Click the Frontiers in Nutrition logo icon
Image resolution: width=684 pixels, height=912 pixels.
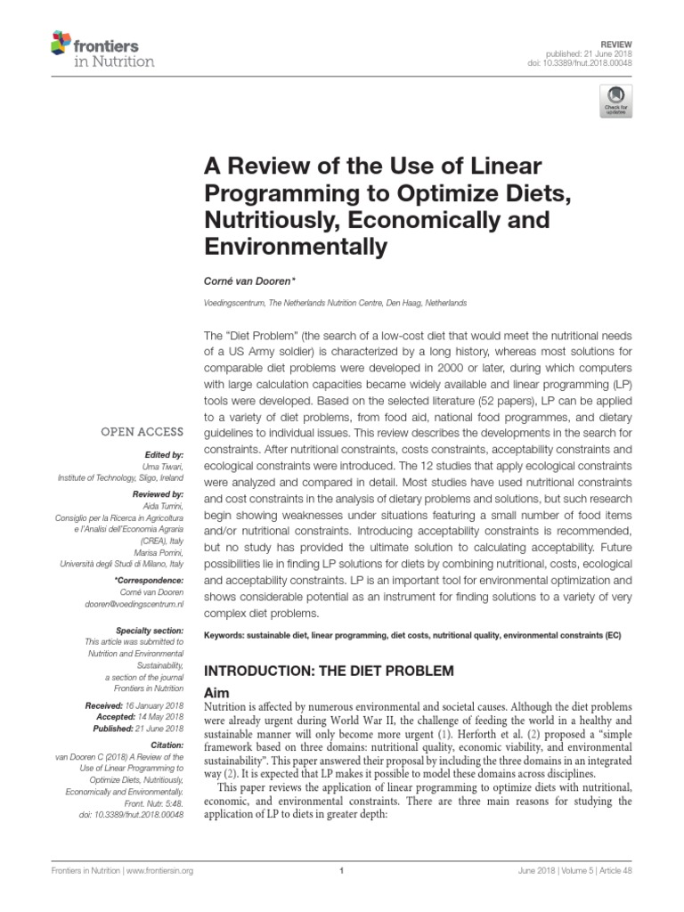click(x=60, y=43)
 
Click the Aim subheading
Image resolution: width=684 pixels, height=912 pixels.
click(x=218, y=692)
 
